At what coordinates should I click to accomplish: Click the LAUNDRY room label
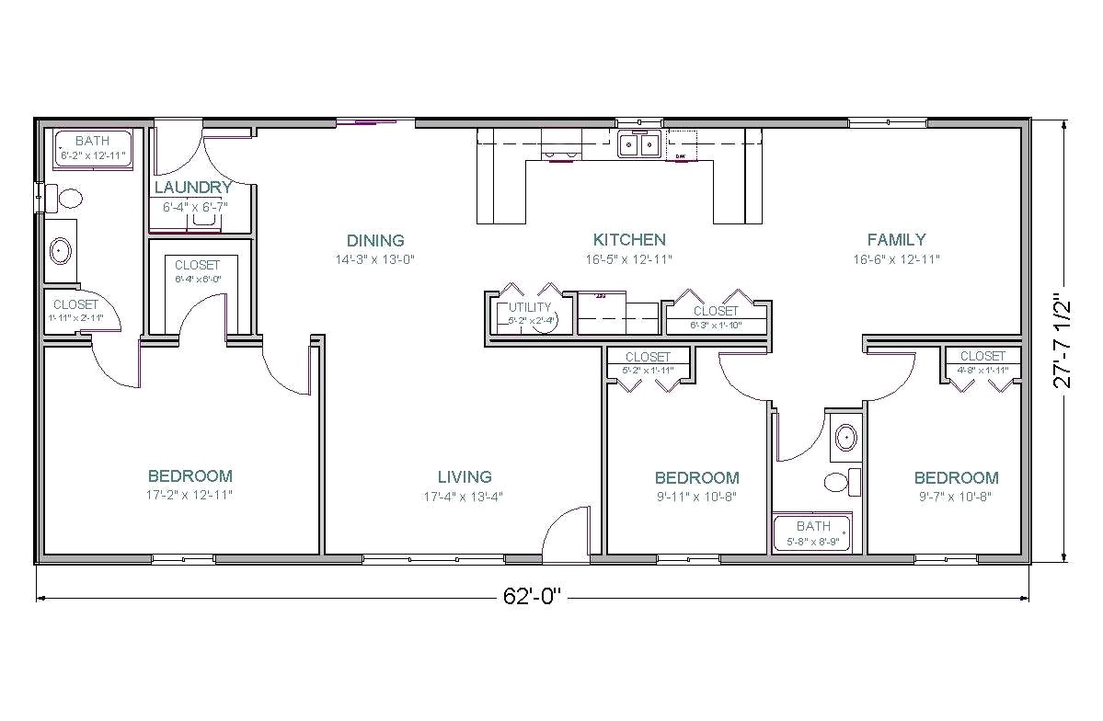pyautogui.click(x=193, y=188)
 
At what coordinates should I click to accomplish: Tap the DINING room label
pyautogui.click(x=375, y=241)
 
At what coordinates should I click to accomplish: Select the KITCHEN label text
pyautogui.click(x=629, y=240)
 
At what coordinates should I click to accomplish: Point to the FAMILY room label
pyautogui.click(x=896, y=240)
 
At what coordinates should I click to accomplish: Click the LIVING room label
pyautogui.click(x=465, y=476)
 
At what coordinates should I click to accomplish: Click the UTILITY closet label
pyautogui.click(x=531, y=307)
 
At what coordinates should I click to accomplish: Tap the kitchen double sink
pyautogui.click(x=638, y=144)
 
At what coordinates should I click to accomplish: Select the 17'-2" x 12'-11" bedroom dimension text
pyautogui.click(x=190, y=495)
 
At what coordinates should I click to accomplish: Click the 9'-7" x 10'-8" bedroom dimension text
pyautogui.click(x=956, y=497)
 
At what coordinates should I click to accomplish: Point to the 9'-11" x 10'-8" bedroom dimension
pyautogui.click(x=696, y=497)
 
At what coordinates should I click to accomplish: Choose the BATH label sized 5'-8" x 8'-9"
pyautogui.click(x=813, y=526)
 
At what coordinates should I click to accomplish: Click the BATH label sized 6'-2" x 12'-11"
pyautogui.click(x=92, y=141)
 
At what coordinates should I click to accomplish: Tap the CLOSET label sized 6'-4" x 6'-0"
pyautogui.click(x=198, y=265)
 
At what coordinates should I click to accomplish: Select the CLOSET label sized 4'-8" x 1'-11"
pyautogui.click(x=982, y=356)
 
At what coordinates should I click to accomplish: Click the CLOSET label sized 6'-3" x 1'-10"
pyautogui.click(x=716, y=311)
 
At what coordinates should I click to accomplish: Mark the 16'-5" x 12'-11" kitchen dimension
pyautogui.click(x=629, y=259)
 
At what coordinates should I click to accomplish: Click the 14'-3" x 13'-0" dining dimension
pyautogui.click(x=375, y=259)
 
